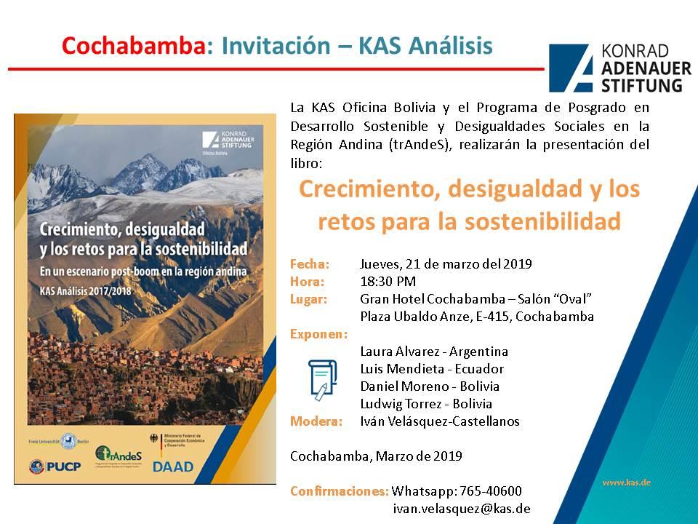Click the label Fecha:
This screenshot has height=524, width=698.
[x=310, y=263]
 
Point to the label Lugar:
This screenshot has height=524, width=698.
[x=308, y=298]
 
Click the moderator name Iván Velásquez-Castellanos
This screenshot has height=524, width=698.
[x=440, y=421]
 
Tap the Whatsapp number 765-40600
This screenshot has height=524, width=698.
[x=457, y=491]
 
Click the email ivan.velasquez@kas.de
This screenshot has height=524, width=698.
[x=461, y=509]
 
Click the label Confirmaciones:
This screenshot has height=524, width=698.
[x=340, y=491]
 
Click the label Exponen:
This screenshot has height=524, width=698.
[x=318, y=334]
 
